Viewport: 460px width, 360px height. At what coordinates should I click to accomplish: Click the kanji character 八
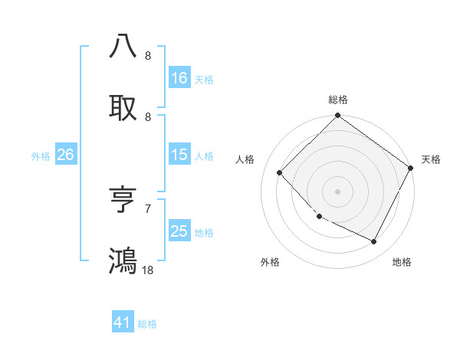[x=123, y=46]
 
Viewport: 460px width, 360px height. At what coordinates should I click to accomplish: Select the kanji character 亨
[x=123, y=201]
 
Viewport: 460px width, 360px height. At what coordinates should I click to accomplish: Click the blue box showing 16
[x=179, y=78]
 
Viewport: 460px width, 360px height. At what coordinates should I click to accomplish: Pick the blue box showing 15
[x=179, y=155]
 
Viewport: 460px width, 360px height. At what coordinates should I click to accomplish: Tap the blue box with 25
[x=179, y=231]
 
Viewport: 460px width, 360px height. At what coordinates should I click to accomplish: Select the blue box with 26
[x=65, y=155]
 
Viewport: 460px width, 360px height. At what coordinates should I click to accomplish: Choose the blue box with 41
[x=123, y=322]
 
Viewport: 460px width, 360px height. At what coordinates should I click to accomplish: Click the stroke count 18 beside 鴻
[x=148, y=270]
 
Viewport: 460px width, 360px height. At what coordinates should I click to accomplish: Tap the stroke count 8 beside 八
[x=148, y=55]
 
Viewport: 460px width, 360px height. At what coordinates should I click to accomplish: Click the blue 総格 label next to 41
[x=147, y=324]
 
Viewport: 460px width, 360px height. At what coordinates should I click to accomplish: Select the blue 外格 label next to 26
[x=41, y=155]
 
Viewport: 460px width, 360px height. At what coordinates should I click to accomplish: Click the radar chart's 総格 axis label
[x=338, y=100]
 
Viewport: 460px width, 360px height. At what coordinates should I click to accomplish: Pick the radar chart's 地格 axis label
[x=402, y=262]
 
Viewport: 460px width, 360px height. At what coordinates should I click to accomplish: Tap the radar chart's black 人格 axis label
[x=245, y=159]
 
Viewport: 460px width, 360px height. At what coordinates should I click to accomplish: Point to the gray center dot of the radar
[x=338, y=191]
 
